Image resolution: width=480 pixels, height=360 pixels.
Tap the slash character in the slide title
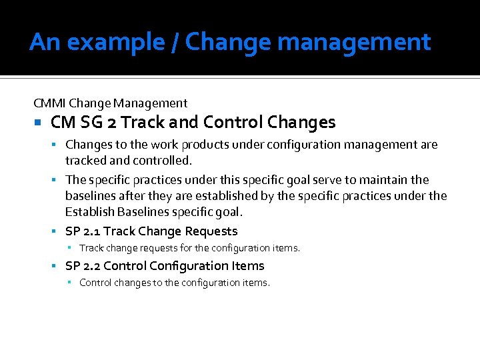175,43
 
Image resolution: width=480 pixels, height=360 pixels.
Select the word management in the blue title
354,43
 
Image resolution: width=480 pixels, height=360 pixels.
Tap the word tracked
84,161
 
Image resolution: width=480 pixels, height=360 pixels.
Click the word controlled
150,161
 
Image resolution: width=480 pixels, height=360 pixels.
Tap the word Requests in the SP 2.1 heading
211,231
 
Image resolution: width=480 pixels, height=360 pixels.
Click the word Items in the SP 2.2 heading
248,266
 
